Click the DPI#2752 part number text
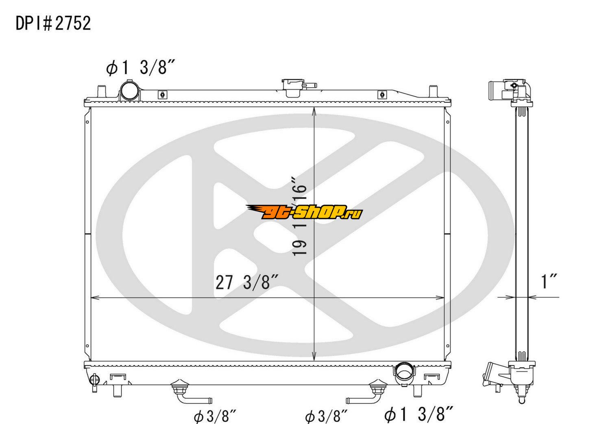coord(53,24)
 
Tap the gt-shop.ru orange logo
coord(304,212)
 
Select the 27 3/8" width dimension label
coord(246,283)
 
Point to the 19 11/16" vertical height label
coord(299,216)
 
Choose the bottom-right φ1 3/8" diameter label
coord(418,414)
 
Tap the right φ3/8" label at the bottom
coord(326,417)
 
